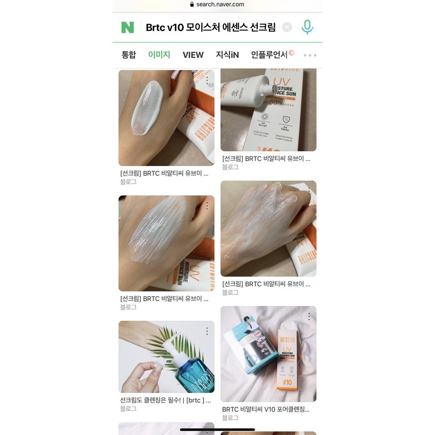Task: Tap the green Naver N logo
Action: pyautogui.click(x=127, y=27)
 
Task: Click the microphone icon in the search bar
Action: pyautogui.click(x=307, y=27)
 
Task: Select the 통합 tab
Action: pyautogui.click(x=129, y=55)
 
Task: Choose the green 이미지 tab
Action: pyautogui.click(x=159, y=55)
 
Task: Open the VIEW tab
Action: pyautogui.click(x=193, y=55)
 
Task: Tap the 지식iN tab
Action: pyautogui.click(x=227, y=55)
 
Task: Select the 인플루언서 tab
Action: pyautogui.click(x=269, y=55)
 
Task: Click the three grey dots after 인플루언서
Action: pyautogui.click(x=310, y=55)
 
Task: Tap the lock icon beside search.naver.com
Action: pyautogui.click(x=192, y=4)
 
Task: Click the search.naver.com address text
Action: pyautogui.click(x=220, y=4)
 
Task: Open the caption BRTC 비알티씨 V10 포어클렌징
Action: pyautogui.click(x=266, y=410)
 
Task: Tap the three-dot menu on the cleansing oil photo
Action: pyautogui.click(x=207, y=331)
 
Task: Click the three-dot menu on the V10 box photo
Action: pyautogui.click(x=309, y=316)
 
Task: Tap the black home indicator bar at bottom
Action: pyautogui.click(x=217, y=429)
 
